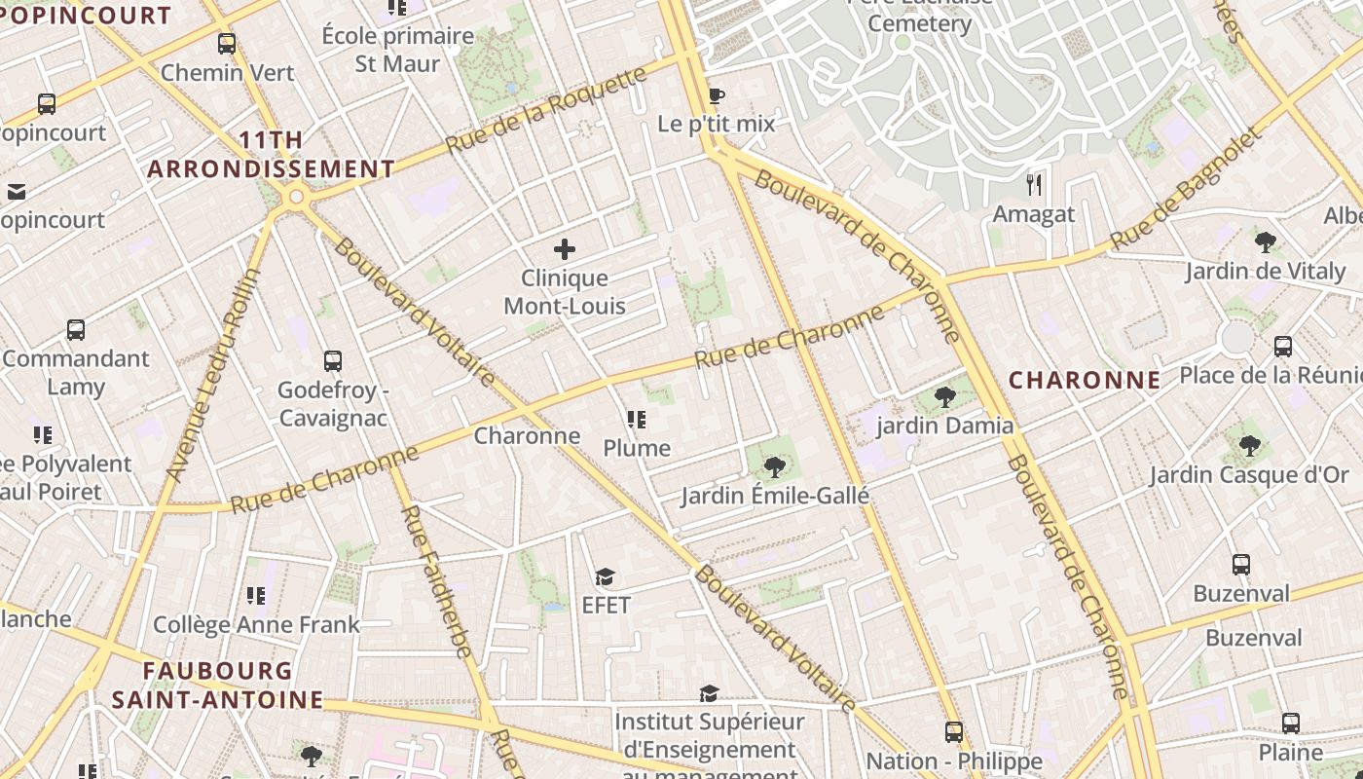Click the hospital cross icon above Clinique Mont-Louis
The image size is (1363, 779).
click(x=565, y=249)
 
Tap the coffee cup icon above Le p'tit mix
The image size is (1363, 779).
click(x=717, y=95)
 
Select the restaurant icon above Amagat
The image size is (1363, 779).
click(x=1034, y=184)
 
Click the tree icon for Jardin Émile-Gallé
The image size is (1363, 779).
click(x=775, y=467)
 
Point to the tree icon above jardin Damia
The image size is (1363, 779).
click(x=944, y=396)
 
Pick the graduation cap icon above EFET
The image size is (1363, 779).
click(x=606, y=577)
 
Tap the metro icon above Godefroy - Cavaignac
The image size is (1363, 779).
click(x=333, y=361)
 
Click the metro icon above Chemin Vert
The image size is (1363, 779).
click(x=227, y=44)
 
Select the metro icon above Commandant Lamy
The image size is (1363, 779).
click(x=76, y=330)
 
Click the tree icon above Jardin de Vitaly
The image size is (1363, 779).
click(x=1266, y=242)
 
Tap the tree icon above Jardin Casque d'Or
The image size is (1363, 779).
click(x=1250, y=446)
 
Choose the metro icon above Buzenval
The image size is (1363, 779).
click(x=1241, y=565)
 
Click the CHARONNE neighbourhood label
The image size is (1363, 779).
click(x=1085, y=380)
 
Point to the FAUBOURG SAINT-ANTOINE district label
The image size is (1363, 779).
click(x=217, y=685)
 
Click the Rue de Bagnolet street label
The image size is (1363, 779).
click(x=1188, y=187)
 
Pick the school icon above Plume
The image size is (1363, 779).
click(x=637, y=420)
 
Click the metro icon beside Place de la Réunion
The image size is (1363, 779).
click(x=1283, y=347)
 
